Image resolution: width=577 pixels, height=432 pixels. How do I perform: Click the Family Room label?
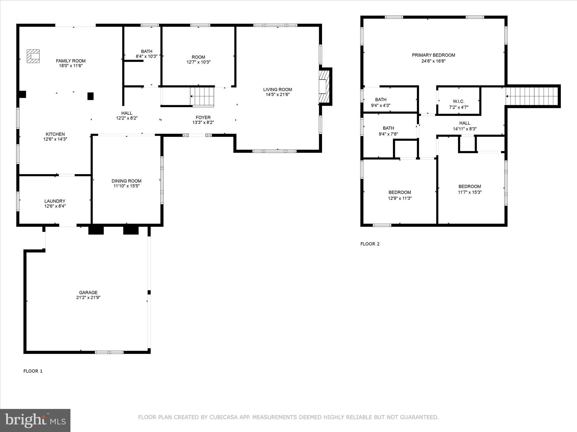coord(71,61)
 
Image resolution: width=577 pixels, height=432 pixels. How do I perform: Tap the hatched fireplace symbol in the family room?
coord(33,56)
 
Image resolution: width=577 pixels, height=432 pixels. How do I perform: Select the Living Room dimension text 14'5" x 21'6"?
coord(278,94)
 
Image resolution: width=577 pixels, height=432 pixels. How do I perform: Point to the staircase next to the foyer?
coord(202,96)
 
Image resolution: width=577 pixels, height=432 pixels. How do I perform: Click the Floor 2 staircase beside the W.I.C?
coord(532,96)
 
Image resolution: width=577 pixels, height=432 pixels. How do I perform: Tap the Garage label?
coord(88,292)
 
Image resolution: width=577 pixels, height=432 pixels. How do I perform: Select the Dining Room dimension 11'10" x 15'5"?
coord(126,186)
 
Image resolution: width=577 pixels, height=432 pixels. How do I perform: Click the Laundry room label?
coord(55,201)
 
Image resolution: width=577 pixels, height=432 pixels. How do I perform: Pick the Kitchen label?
coord(55,134)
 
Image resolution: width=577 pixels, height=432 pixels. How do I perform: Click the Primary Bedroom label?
coord(433,55)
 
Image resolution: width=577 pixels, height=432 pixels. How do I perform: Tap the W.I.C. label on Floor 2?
coord(459,101)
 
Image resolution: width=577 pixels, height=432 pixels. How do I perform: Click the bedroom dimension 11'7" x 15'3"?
coord(470,192)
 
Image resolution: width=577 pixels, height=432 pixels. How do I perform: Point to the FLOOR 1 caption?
coord(33,371)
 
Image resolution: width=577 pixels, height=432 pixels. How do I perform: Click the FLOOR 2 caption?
coord(370,244)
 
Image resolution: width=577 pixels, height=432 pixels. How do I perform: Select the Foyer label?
coord(203,118)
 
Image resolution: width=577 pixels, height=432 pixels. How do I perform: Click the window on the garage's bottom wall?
coord(109,352)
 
